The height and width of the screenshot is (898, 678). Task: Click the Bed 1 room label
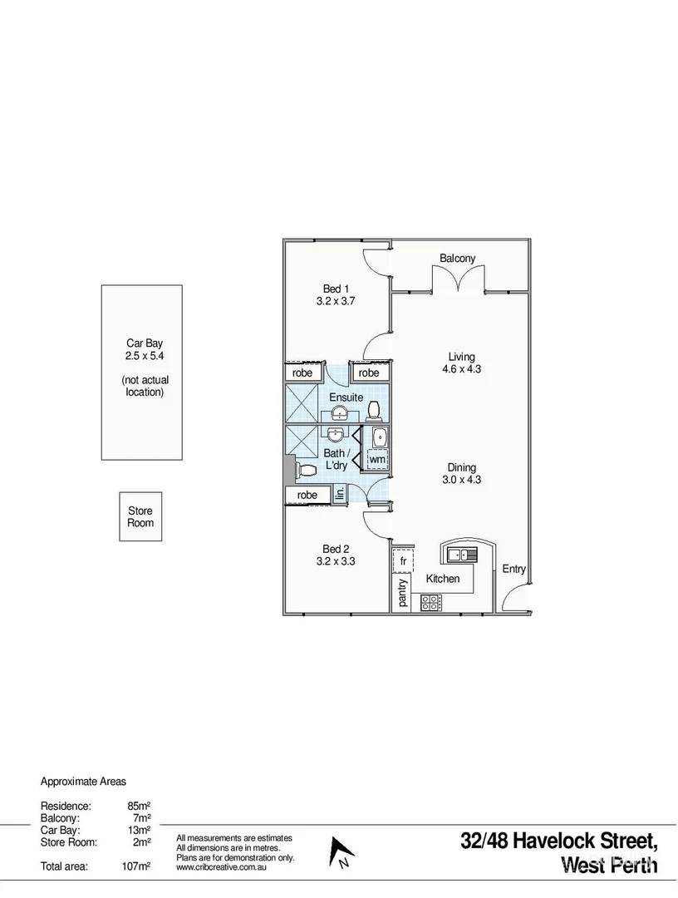[x=336, y=295]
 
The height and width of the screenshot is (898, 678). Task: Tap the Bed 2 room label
[x=336, y=555]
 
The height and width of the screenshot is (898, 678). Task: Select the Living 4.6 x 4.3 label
[x=461, y=363]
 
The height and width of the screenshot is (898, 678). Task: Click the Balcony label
[x=458, y=259]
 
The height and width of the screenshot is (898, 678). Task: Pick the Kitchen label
[x=443, y=579]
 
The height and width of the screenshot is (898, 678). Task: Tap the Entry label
[x=513, y=569]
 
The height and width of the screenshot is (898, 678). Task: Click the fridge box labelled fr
[x=403, y=561]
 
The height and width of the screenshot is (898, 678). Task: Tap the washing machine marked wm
[x=377, y=459]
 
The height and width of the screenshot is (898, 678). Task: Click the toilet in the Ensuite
[x=374, y=410]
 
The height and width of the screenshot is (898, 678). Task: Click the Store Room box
[x=140, y=517]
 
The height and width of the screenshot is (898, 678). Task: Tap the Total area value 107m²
[x=136, y=866]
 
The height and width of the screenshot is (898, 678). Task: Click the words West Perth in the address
[x=609, y=865]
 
